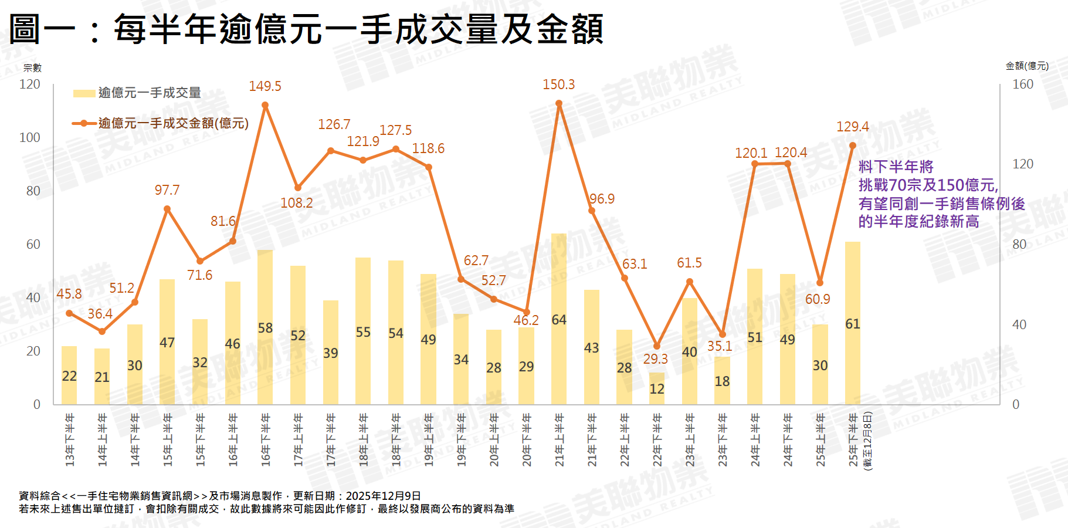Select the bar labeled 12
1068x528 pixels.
coord(657,388)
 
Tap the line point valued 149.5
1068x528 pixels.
coord(265,106)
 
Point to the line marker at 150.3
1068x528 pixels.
coord(559,104)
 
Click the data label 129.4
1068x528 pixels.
coord(852,127)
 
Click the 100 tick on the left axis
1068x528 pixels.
coord(30,138)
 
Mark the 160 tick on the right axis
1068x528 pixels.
coord(1023,84)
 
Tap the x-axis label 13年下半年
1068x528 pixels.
coord(70,440)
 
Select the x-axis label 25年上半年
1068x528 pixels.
coord(821,440)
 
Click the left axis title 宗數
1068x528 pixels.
coord(32,68)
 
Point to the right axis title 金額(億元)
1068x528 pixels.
coord(1027,66)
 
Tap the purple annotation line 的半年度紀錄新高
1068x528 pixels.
coord(918,222)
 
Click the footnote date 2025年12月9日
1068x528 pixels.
coord(383,496)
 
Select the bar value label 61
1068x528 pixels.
coord(853,324)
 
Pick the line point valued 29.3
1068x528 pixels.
coord(657,346)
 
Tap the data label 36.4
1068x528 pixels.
coord(100,314)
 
